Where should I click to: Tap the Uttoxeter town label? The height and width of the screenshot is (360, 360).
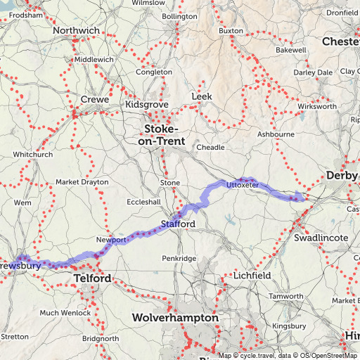243,185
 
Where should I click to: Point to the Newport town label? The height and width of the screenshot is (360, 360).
111,240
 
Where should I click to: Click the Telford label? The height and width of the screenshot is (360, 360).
91,279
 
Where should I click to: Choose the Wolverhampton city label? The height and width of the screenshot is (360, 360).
175,319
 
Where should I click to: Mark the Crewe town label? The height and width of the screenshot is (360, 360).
95,100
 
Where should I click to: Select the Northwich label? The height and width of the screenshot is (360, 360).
76,31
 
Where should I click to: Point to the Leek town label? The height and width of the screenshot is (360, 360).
201,96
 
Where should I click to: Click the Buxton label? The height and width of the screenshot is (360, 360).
231,31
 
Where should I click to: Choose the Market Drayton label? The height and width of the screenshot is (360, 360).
82,182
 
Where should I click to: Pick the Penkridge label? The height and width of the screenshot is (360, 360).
179,259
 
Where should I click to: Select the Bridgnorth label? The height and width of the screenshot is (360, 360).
80,338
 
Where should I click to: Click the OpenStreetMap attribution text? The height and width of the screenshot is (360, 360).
328,355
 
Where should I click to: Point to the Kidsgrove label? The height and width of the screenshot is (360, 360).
146,104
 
